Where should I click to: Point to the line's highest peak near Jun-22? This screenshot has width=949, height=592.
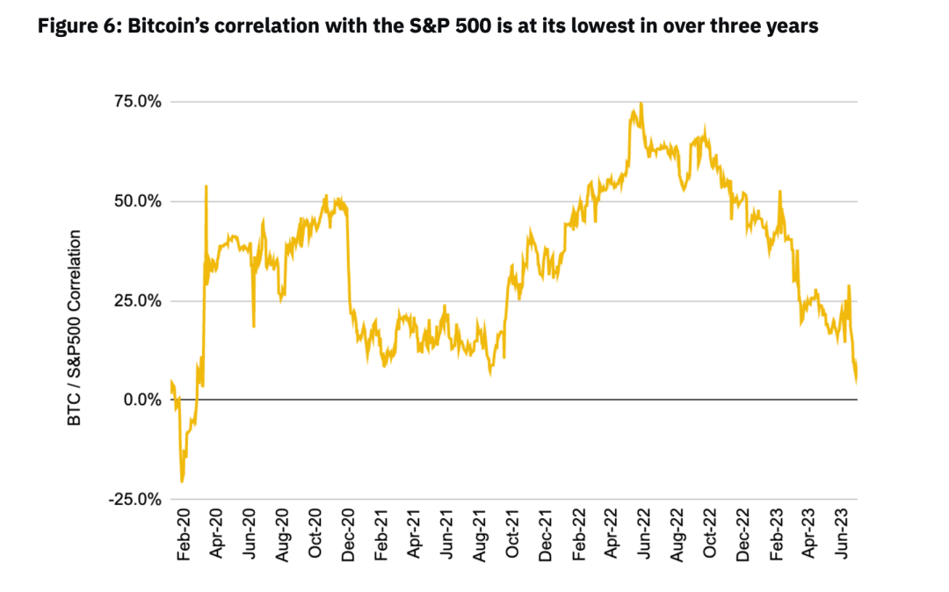click(x=641, y=104)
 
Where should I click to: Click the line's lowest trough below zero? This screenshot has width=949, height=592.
click(x=182, y=481)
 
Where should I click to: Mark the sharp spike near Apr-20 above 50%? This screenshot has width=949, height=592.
click(x=206, y=186)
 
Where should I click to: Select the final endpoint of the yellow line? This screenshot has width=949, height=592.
click(x=857, y=381)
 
